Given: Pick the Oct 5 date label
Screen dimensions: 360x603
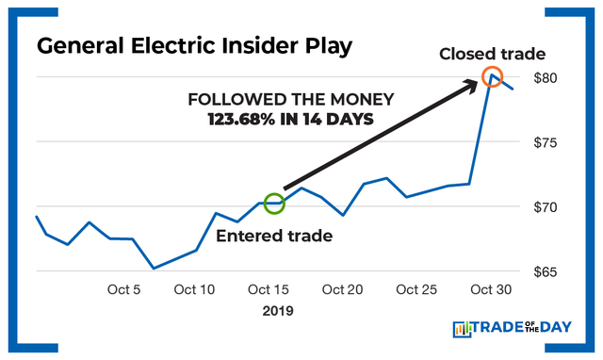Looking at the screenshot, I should click(x=124, y=289).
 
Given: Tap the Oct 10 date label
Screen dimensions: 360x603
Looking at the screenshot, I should click(x=195, y=289).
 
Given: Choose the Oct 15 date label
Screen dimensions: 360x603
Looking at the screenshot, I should click(x=268, y=289).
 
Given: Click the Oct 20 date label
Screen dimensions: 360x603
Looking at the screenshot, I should click(x=340, y=289).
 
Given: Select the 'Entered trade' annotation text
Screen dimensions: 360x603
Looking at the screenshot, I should click(x=274, y=236).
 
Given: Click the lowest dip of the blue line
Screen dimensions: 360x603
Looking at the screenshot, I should click(x=154, y=268).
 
